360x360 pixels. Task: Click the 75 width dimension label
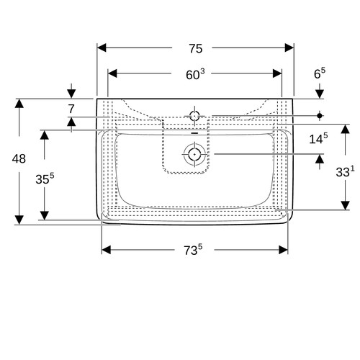pos(196,48)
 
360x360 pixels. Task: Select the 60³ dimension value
pos(196,74)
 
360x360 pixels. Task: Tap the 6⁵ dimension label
pos(320,73)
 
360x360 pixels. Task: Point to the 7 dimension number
pos(71,109)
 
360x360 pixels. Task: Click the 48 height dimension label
pos(19,158)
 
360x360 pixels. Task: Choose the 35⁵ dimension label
pos(45,179)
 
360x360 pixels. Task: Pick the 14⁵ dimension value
pos(318,139)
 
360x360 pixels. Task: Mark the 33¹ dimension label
pos(345,171)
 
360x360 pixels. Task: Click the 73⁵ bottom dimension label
pos(193,250)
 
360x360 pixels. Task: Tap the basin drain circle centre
pos(194,154)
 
